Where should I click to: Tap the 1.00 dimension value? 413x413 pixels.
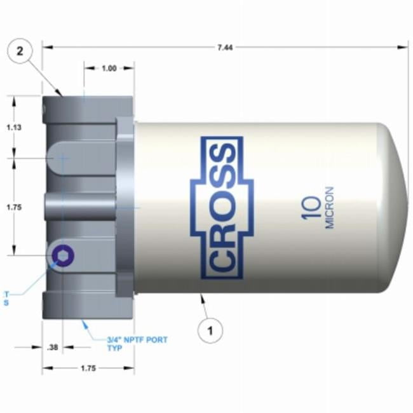coord(109,69)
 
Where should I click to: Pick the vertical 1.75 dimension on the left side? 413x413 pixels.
coord(13,207)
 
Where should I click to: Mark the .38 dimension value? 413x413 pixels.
coord(53,347)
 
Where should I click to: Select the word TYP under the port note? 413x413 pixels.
coord(114,348)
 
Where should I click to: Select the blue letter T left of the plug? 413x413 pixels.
coord(7,294)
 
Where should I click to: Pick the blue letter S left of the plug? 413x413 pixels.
coord(7,302)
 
